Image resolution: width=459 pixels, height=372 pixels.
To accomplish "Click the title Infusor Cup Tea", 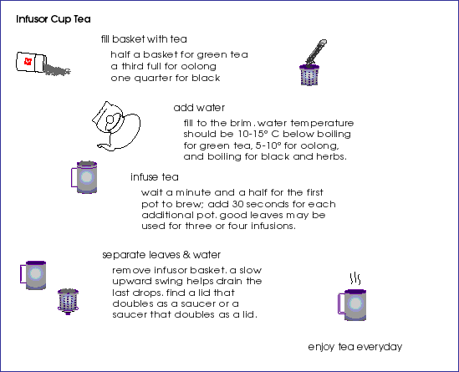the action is [x=54, y=19].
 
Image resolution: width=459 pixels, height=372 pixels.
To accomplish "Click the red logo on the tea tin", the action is [x=28, y=62].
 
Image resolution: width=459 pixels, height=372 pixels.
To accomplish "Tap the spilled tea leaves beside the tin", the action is [x=58, y=70].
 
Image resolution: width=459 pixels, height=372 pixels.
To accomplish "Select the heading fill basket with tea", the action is [x=144, y=39].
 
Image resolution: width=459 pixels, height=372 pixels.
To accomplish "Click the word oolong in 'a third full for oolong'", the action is [x=198, y=66].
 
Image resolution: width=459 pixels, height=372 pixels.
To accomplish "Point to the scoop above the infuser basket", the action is [x=315, y=52].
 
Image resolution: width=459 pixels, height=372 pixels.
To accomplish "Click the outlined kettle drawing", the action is [x=116, y=126].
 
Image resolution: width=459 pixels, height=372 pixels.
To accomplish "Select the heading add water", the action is [x=199, y=108].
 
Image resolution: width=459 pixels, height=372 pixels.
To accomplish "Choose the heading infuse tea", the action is [x=155, y=177].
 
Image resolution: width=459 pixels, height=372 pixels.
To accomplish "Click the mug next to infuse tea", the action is [x=84, y=177].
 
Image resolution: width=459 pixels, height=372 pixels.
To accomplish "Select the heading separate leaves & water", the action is [x=161, y=255].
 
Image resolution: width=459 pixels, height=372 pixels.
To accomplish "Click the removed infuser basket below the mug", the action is [x=69, y=302].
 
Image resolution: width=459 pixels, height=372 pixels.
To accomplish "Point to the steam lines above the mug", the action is [x=355, y=278].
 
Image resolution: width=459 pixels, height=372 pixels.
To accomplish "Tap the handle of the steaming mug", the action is [x=341, y=303].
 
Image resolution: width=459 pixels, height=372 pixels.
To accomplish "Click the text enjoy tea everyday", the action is [x=355, y=347].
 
